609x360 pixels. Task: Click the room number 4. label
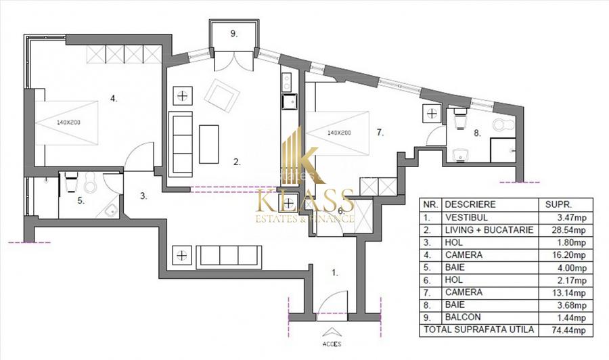click(x=114, y=99)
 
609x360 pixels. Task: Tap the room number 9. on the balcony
click(x=233, y=35)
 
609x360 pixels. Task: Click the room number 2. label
click(x=237, y=162)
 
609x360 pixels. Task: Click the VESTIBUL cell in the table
click(x=466, y=218)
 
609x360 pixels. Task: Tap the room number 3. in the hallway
click(x=143, y=196)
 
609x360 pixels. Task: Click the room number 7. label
click(x=380, y=134)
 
